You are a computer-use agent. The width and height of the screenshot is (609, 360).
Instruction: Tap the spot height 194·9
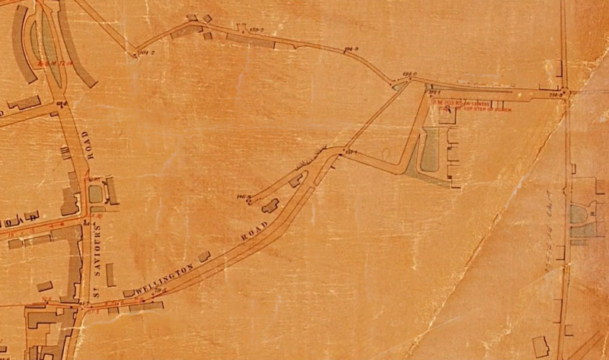click(x=351, y=49)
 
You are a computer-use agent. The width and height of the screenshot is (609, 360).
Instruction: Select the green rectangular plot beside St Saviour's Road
click(x=95, y=193)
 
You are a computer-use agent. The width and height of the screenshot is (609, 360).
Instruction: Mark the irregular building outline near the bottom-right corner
click(x=540, y=345)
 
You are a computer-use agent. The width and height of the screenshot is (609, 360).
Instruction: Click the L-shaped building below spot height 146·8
click(x=269, y=205)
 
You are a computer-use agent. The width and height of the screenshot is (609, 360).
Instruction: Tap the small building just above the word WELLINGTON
click(x=204, y=256)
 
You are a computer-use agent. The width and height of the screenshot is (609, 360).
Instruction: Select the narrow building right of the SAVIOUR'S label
click(x=111, y=274)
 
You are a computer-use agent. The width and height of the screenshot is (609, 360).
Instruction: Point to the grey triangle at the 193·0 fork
click(x=400, y=86)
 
